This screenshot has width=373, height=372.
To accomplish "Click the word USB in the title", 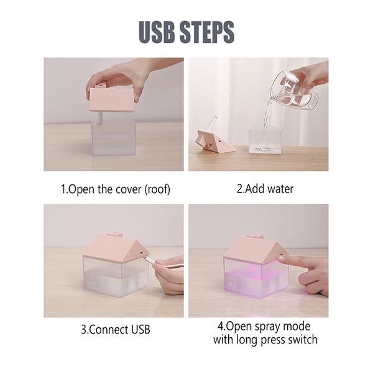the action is (x=157, y=32).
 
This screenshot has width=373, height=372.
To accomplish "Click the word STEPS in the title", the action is (x=207, y=32).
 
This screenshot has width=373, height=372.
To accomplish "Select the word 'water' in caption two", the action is (x=280, y=189).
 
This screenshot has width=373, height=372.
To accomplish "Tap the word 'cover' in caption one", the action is (x=129, y=189).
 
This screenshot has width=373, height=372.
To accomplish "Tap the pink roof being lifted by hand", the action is (x=111, y=99).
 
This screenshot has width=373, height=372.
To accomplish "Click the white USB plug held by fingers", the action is (x=152, y=263).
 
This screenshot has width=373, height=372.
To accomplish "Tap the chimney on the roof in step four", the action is (x=256, y=237).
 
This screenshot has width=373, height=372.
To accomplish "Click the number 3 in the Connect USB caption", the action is (x=83, y=330).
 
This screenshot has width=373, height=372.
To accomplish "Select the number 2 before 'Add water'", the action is (x=240, y=189).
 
